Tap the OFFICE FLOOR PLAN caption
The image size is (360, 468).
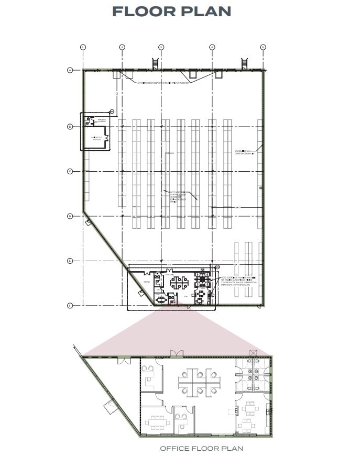tap(201, 449)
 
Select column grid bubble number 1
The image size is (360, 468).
tap(83, 47)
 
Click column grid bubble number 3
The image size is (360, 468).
tap(161, 47)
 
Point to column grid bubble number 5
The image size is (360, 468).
tap(263, 47)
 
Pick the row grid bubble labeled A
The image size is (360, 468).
tap(69, 70)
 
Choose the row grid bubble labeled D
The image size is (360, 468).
tap(69, 216)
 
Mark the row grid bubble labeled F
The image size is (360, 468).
tap(69, 305)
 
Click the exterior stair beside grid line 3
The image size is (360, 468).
tap(155, 63)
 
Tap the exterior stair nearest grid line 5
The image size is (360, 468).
tap(244, 63)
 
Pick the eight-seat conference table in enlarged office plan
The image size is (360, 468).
tap(156, 421)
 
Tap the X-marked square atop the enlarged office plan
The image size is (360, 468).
tap(254, 353)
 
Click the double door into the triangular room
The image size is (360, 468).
tap(124, 361)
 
